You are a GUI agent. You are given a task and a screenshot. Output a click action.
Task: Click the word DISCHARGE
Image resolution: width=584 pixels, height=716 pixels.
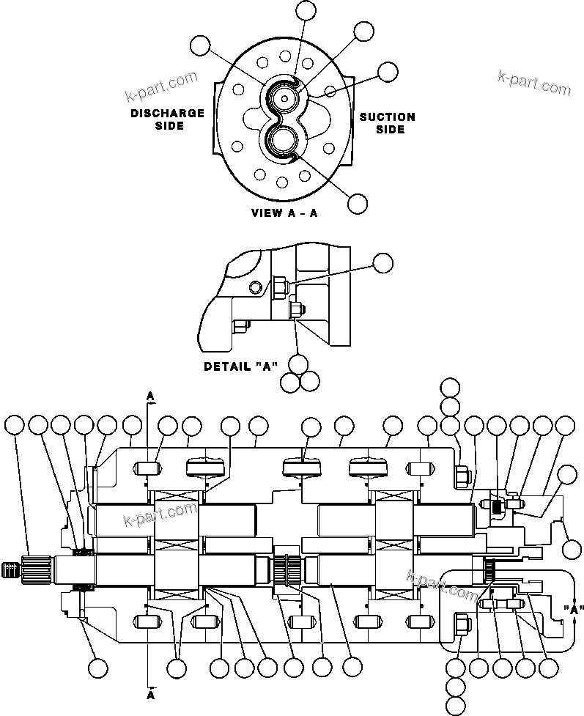[167, 113]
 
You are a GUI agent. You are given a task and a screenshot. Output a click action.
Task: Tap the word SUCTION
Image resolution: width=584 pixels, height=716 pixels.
[387, 117]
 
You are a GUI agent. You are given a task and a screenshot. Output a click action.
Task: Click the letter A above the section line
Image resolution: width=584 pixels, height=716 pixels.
[150, 396]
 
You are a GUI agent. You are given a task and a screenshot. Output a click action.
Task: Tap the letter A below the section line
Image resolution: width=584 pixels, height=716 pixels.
[151, 693]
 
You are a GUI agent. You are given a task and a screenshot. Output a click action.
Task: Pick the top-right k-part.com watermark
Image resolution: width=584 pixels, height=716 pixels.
[533, 83]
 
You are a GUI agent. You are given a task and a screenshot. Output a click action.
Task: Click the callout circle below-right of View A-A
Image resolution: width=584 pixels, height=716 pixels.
[358, 204]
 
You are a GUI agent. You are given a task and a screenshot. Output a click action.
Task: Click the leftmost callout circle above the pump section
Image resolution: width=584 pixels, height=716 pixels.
[14, 424]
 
